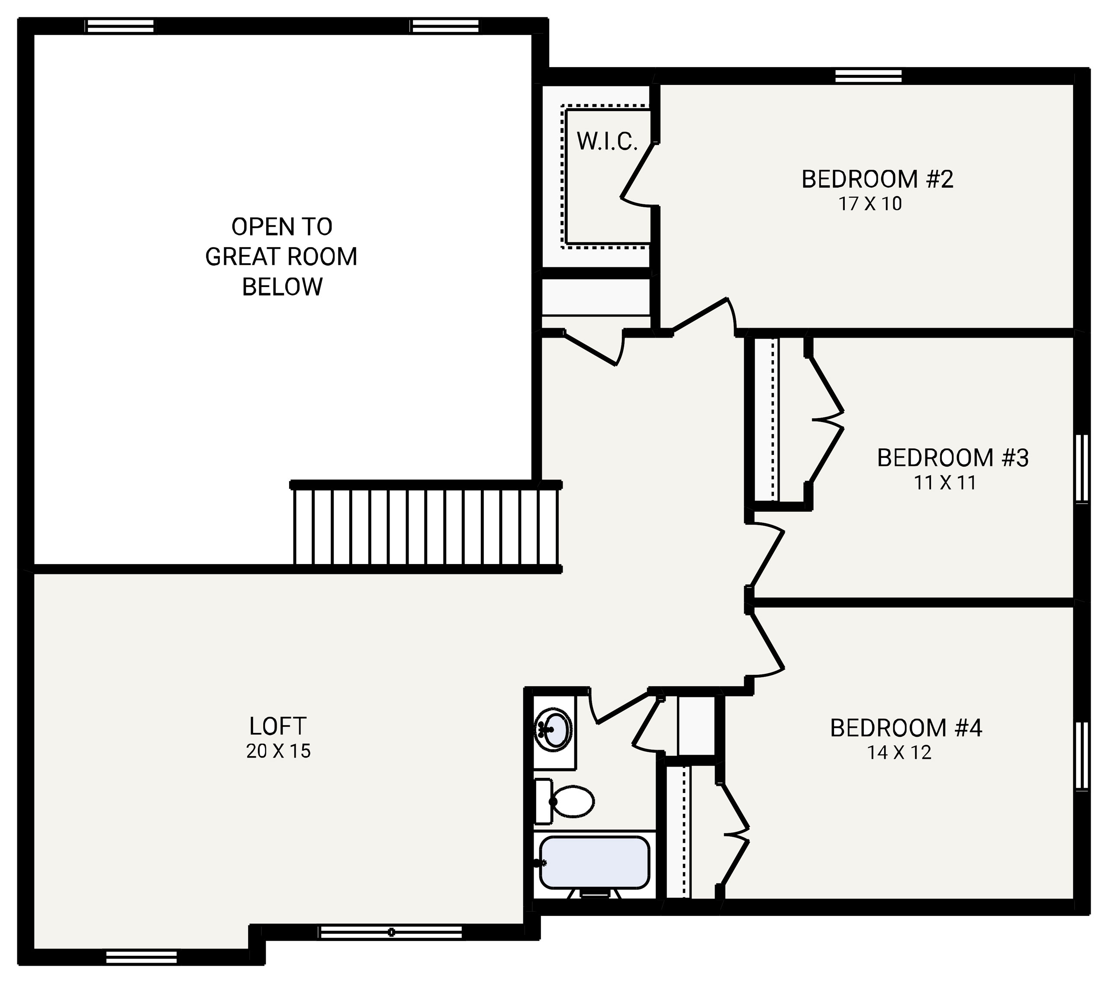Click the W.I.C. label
click(x=606, y=142)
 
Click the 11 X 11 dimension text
click(x=944, y=483)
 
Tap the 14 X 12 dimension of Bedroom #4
click(x=899, y=753)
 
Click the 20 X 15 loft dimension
click(x=278, y=751)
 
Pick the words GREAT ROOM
click(x=281, y=256)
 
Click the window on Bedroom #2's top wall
click(x=868, y=76)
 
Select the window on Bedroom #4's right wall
click(x=1082, y=755)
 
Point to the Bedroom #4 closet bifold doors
click(x=734, y=835)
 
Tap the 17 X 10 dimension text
click(x=870, y=204)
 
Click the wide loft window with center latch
click(x=391, y=932)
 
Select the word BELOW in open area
click(x=282, y=287)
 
